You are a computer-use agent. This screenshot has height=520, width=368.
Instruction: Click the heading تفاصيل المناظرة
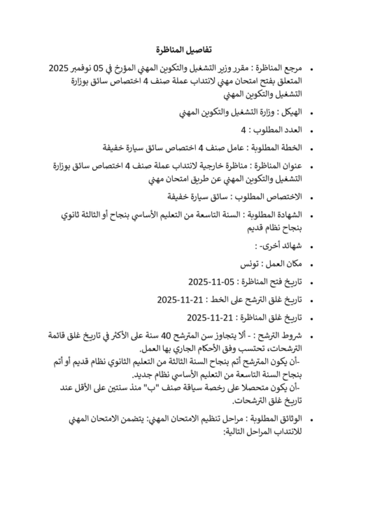pyautogui.click(x=183, y=50)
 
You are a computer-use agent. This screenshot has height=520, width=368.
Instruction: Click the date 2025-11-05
pyautogui.click(x=208, y=282)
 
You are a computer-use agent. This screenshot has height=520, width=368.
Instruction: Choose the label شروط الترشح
pyautogui.click(x=280, y=336)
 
